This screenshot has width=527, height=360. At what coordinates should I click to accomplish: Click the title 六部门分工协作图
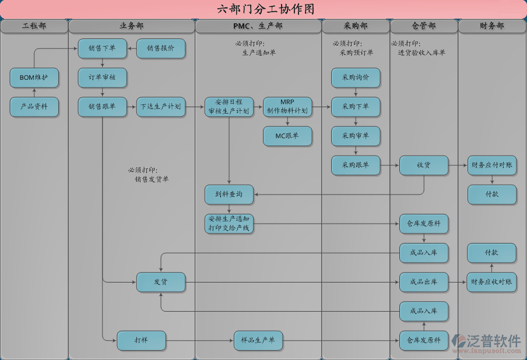coord(263,9)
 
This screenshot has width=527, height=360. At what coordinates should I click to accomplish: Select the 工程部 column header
coord(34,26)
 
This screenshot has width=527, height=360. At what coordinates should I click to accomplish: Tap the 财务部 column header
coord(492,26)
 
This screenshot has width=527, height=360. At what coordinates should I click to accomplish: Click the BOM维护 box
coord(34,77)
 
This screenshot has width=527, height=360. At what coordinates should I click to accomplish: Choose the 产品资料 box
coord(34,107)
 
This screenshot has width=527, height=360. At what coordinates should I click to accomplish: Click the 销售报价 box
coord(161,48)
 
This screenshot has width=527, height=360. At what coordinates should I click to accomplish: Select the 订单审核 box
coord(102,77)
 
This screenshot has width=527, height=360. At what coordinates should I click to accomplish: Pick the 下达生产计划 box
coord(161,107)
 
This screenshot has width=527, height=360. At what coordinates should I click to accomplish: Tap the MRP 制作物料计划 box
coord(287,107)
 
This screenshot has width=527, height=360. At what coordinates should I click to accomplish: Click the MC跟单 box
coord(287,136)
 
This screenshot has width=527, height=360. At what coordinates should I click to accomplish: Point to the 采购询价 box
coord(356,77)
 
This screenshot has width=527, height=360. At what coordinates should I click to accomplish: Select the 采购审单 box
coord(356,136)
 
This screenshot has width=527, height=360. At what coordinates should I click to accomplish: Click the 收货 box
coord(424,165)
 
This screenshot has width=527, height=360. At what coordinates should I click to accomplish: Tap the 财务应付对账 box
coord(492,165)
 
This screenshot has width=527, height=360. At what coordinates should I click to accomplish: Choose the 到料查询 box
coord(229,194)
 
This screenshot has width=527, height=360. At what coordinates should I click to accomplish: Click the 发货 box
coord(161,282)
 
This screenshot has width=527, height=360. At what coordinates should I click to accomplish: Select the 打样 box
coord(141,340)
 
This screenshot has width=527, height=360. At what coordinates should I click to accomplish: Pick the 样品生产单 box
coord(258,340)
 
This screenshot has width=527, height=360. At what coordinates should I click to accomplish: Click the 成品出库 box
coord(424,282)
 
